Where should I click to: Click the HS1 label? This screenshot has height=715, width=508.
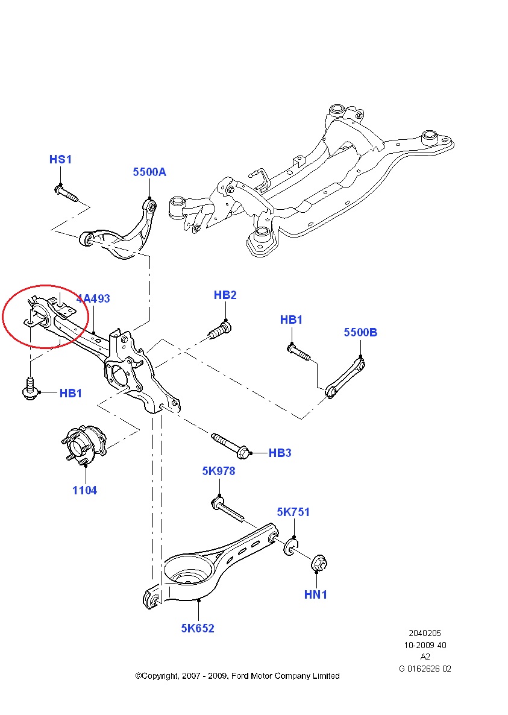click(60, 159)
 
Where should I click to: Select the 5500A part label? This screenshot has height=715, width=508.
click(149, 172)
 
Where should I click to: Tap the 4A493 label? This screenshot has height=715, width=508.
click(94, 298)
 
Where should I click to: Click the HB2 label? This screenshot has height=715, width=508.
click(225, 295)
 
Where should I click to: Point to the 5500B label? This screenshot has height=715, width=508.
click(360, 332)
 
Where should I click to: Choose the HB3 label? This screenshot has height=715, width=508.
click(280, 453)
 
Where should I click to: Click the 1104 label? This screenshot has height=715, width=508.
click(84, 490)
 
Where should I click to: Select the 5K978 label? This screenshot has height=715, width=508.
click(218, 471)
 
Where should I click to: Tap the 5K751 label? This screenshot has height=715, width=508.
click(293, 512)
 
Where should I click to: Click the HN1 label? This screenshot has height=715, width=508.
click(315, 594)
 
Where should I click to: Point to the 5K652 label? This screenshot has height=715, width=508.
click(198, 628)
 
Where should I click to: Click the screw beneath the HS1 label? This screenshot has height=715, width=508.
click(67, 194)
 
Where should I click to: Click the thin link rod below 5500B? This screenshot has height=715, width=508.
click(346, 377)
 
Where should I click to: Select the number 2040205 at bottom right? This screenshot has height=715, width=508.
click(425, 633)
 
